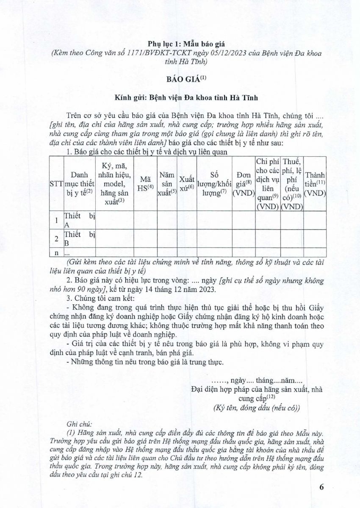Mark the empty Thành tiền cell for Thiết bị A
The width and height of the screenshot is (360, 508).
315,220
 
